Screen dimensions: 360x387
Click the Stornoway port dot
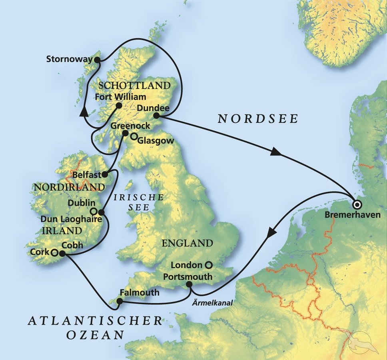pos(97,60)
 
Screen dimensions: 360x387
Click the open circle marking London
pos(208,264)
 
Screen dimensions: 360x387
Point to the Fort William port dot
pos(119,106)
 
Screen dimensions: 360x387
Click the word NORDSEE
pos(258,118)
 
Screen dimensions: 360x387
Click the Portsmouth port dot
pos(189,285)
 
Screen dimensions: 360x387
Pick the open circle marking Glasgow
pos(134,137)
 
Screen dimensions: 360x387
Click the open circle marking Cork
pos(54,252)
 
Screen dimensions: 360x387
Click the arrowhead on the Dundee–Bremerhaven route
pos(275,152)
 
